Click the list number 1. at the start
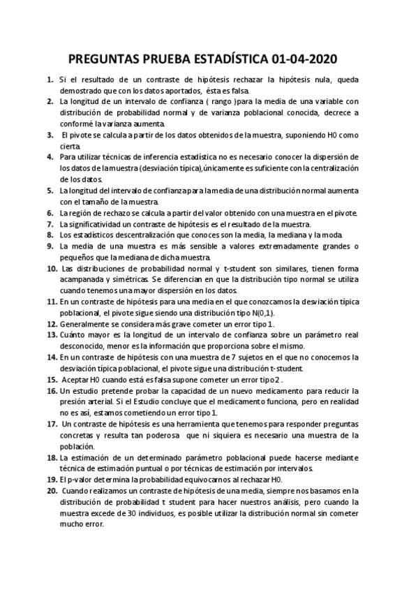tap(51, 80)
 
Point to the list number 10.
tap(52, 269)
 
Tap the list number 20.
tap(52, 491)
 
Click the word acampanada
tap(84, 280)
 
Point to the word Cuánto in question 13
tap(73, 335)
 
